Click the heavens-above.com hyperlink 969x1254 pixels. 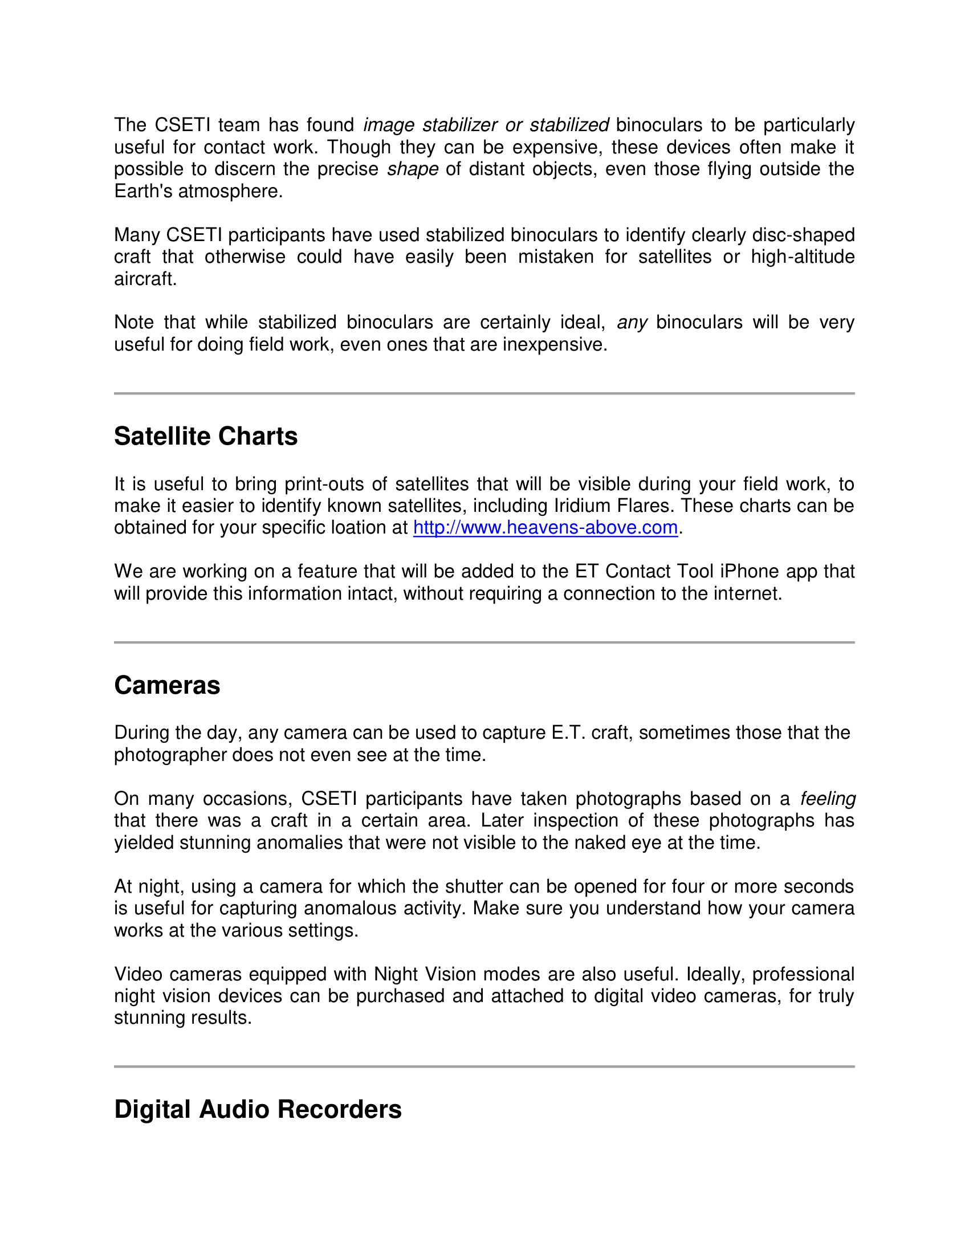545,527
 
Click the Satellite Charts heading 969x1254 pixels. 206,437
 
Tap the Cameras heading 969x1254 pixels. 167,685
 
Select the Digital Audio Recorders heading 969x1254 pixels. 258,1109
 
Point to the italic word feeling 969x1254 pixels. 828,799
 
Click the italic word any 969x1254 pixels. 632,322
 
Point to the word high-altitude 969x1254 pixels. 803,256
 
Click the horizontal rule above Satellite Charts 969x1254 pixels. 484,393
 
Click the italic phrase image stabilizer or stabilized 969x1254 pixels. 486,125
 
